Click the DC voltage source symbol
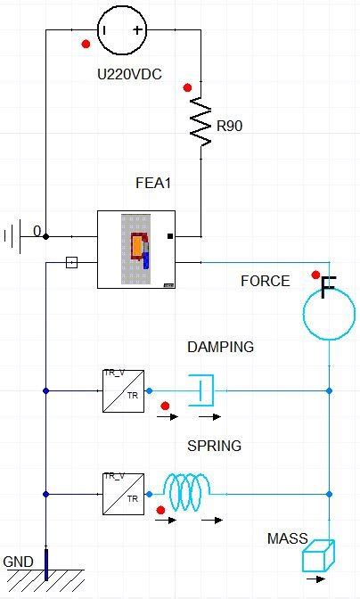pyautogui.click(x=122, y=30)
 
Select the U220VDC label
pyautogui.click(x=129, y=75)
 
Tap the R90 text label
pyautogui.click(x=229, y=127)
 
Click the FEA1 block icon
pyautogui.click(x=136, y=250)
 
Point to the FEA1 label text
pyautogui.click(x=152, y=184)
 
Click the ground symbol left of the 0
pyautogui.click(x=12, y=235)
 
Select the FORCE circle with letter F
pyautogui.click(x=329, y=311)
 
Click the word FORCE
pyautogui.click(x=265, y=281)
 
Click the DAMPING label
pyautogui.click(x=220, y=347)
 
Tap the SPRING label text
pyautogui.click(x=214, y=446)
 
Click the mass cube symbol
pyautogui.click(x=316, y=558)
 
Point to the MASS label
pyautogui.click(x=287, y=539)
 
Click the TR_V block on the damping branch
pyautogui.click(x=123, y=390)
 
